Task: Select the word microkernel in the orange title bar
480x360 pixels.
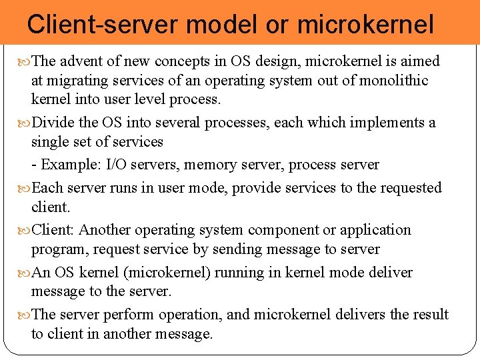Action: (x=365, y=25)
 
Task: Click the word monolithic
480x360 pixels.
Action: (x=387, y=81)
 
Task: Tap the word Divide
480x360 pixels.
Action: (x=53, y=123)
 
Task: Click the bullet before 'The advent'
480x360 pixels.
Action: (x=25, y=62)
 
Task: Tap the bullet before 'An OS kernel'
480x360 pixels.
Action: (x=25, y=273)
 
